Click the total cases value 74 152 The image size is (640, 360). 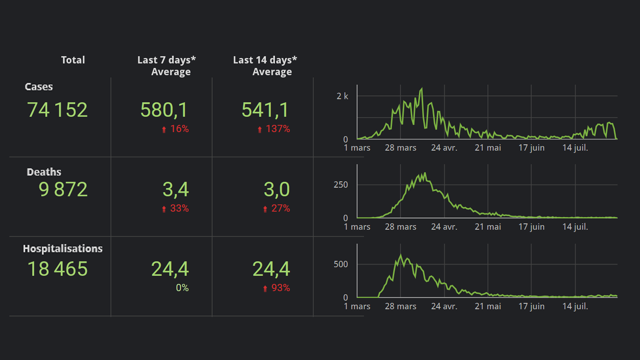57,110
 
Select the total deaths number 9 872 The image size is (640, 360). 63,189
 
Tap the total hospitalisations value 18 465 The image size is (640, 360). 57,269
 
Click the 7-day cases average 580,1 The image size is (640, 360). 164,110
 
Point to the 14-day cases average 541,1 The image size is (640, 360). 265,110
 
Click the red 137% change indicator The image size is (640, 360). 274,129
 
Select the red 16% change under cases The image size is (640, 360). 176,129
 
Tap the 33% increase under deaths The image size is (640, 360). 176,208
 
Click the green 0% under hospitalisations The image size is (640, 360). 182,288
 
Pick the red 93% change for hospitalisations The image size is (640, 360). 277,288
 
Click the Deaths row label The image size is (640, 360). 44,172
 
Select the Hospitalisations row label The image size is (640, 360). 63,249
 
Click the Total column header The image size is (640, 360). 73,60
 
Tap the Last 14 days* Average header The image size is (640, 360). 265,66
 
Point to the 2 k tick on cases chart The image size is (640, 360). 342,96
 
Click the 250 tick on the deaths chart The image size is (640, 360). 341,185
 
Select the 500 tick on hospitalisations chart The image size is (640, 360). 341,264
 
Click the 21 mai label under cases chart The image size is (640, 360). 488,148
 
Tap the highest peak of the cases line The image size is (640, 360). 422,89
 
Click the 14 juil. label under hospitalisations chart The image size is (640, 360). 575,306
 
